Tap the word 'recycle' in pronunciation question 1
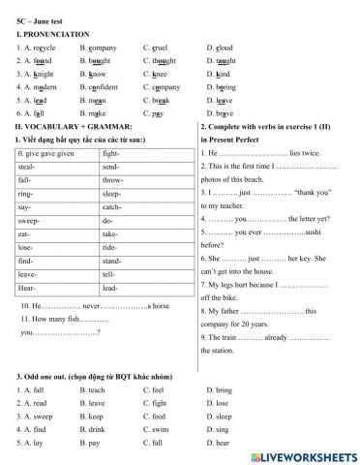click(x=44, y=46)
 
